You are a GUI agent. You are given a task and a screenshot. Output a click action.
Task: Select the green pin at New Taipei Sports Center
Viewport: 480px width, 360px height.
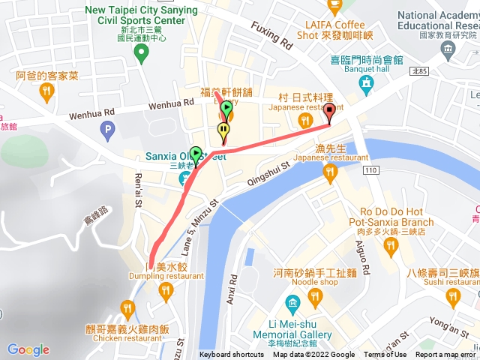[140, 52]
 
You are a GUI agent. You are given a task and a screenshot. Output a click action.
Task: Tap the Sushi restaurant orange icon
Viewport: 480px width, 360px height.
[452, 298]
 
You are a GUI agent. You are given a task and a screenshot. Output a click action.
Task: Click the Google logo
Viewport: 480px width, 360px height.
[28, 349]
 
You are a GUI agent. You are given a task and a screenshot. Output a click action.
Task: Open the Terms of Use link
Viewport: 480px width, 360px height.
[385, 355]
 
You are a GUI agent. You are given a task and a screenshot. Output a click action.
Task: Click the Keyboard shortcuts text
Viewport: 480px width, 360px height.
[231, 355]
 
